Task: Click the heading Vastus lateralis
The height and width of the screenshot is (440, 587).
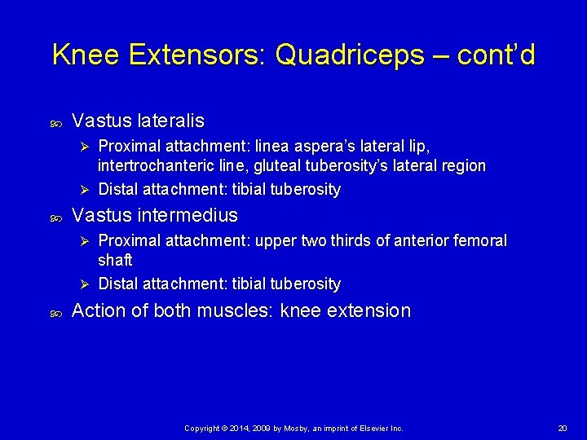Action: [x=138, y=121]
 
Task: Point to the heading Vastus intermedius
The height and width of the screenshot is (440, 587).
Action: [x=155, y=215]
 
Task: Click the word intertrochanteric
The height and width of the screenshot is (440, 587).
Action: [x=150, y=166]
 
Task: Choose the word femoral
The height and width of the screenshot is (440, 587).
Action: [x=481, y=241]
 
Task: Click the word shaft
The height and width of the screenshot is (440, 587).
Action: [x=115, y=260]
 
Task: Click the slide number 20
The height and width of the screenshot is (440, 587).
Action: [x=562, y=428]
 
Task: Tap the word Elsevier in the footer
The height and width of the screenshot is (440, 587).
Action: [x=368, y=428]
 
